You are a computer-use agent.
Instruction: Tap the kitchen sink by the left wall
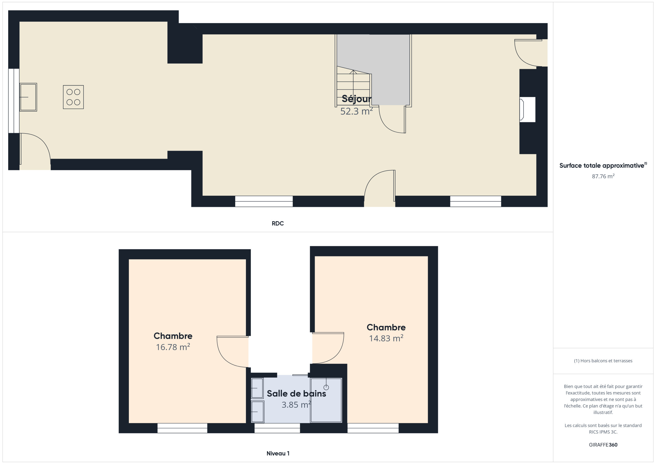point(28,97)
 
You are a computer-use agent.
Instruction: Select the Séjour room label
point(356,99)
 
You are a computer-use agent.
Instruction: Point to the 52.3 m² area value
point(356,111)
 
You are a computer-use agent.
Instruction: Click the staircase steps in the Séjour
point(354,86)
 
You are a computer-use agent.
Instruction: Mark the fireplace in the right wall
point(527,110)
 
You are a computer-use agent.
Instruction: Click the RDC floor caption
point(278,223)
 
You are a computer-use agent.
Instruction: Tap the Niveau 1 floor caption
point(278,453)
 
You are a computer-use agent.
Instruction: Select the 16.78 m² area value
point(173,347)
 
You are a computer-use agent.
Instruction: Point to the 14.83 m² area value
point(386,338)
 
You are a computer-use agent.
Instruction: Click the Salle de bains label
point(296,394)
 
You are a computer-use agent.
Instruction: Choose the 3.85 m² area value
point(296,405)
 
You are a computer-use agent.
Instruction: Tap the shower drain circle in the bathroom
point(326,387)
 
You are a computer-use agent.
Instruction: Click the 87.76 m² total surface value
point(603,176)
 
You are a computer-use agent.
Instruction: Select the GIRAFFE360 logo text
point(603,445)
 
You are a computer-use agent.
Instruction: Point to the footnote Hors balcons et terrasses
point(603,361)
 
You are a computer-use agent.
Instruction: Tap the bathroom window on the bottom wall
point(277,428)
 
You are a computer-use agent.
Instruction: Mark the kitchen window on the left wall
point(14,101)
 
